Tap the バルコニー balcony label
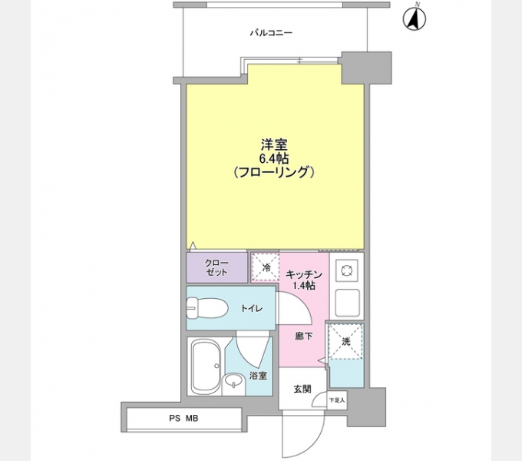coord(271,33)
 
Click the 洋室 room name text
coord(273,144)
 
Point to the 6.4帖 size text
coord(273,158)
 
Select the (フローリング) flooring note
coord(274,173)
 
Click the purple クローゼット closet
coord(216,267)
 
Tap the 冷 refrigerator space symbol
coord(266,268)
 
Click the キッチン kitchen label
coord(303,274)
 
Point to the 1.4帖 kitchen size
coord(303,286)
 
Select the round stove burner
coord(346,270)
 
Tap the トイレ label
coord(252,309)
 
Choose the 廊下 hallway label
coord(303,335)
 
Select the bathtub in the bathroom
coord(205,366)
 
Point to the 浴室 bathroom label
coord(258,376)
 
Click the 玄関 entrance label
coord(302,389)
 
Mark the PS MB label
coord(183,418)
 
